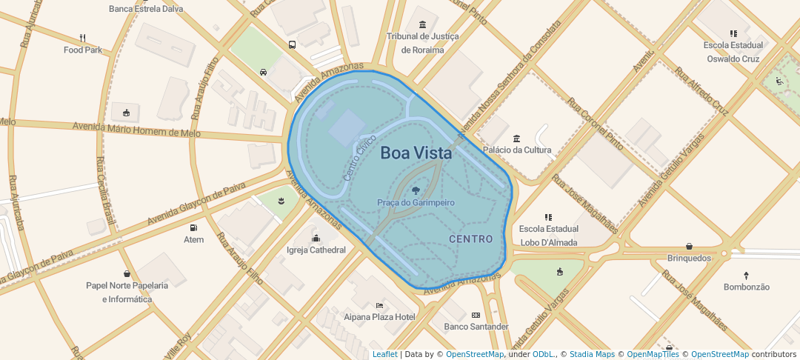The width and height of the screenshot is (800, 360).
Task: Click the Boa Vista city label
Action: [416, 153]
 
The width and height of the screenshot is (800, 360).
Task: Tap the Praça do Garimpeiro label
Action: [416, 202]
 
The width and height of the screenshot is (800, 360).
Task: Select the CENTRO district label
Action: [471, 239]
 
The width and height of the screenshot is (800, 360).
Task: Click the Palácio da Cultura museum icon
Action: [517, 138]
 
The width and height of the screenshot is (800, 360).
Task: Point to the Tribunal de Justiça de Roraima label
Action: [423, 43]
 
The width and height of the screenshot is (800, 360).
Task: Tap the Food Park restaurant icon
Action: [83, 38]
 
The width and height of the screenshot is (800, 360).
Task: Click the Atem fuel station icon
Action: [194, 227]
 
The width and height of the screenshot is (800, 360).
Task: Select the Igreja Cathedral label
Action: [316, 250]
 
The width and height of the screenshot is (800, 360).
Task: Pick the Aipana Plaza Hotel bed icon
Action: [380, 304]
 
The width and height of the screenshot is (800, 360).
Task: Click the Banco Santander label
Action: [476, 327]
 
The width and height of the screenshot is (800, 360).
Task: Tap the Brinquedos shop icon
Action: [690, 246]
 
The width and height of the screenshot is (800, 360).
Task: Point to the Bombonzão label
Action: [747, 287]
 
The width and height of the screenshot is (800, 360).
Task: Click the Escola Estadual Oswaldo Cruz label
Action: [733, 52]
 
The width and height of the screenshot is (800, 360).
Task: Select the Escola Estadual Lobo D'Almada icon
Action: [549, 217]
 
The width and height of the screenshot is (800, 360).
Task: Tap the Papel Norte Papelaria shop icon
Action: [127, 273]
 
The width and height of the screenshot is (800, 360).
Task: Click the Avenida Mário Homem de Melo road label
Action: [137, 130]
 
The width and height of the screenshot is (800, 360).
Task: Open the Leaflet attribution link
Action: [384, 355]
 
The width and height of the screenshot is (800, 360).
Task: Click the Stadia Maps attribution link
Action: [591, 355]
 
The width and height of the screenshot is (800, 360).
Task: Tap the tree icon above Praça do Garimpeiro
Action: [415, 191]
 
